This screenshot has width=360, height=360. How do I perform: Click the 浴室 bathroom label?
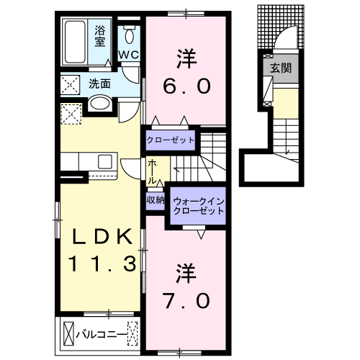tap(99, 35)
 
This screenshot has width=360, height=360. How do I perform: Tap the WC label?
tap(128, 55)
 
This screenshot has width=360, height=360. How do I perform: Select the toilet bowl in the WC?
tap(130, 36)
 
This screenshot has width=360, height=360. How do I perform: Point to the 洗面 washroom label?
tap(99, 84)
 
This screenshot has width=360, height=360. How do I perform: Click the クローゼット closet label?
tap(171, 140)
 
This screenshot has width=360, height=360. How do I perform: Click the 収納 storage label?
tap(156, 199)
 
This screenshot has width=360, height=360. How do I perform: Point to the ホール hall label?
tap(153, 172)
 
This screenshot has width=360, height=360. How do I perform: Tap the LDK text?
tap(101, 237)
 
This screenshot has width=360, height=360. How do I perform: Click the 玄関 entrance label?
tap(280, 69)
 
